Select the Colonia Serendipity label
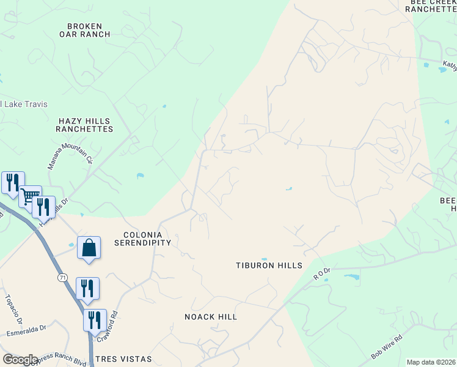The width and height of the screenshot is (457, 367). tap(142, 239)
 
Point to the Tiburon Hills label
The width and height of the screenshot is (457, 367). tap(269, 265)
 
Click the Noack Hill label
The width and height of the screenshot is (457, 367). tap(211, 317)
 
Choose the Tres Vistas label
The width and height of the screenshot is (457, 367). tap(123, 359)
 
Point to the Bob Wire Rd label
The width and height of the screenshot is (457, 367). tap(387, 347)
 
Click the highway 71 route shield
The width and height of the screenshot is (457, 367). tap(62, 278)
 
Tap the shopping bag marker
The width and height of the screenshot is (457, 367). tap(89, 248)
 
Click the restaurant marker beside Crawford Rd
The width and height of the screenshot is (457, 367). tap(95, 320)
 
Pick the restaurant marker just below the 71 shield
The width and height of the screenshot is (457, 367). tap(87, 288)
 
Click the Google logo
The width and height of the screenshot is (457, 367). tap(20, 360)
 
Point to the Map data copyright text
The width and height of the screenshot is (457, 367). tap(431, 362)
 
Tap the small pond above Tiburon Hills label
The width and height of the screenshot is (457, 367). tap(264, 259)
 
